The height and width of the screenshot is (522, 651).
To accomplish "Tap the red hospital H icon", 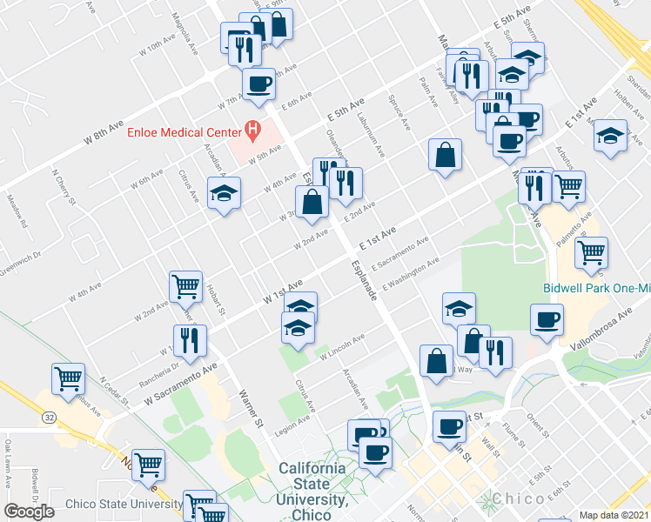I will pyautogui.click(x=253, y=132).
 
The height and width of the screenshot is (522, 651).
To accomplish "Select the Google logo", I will pyautogui.click(x=30, y=512).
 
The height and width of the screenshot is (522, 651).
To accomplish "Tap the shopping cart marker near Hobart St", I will pyautogui.click(x=186, y=286).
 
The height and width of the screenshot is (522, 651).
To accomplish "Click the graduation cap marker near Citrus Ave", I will pyautogui.click(x=224, y=192).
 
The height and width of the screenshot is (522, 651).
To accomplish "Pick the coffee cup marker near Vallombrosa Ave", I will pyautogui.click(x=547, y=319).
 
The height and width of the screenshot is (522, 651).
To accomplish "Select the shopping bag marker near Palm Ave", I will pyautogui.click(x=445, y=155).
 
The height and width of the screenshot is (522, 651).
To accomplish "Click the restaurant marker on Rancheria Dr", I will pyautogui.click(x=190, y=340).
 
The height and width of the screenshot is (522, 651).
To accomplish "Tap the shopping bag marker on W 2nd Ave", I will pyautogui.click(x=312, y=204).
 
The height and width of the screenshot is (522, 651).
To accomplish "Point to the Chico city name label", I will pyautogui.click(x=520, y=499).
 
